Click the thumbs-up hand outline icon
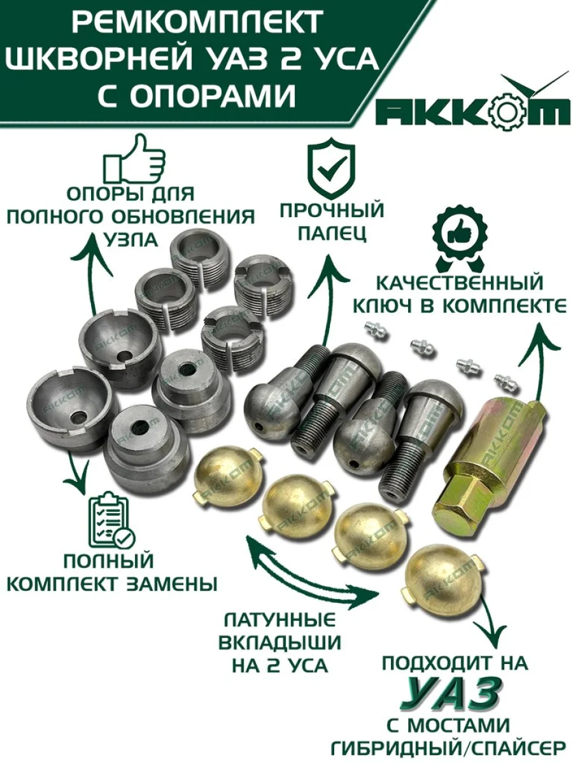point(134,160)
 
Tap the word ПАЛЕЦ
point(332,234)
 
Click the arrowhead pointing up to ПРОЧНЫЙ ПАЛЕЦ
point(328,265)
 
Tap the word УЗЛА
point(132,239)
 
